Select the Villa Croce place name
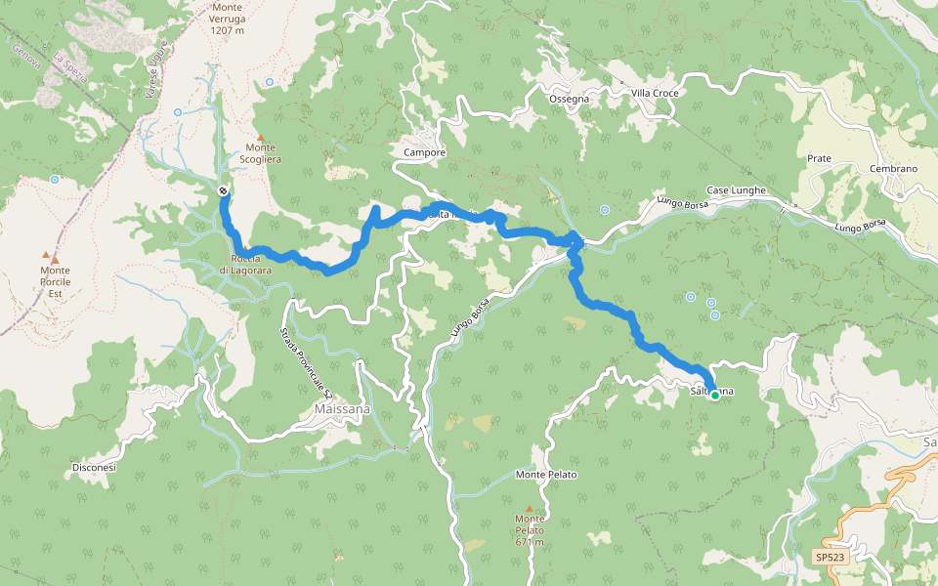[654, 93]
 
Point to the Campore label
[424, 153]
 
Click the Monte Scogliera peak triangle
[261, 137]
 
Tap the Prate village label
[819, 158]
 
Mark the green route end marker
[714, 395]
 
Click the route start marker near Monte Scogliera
[224, 191]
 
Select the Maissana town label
[343, 409]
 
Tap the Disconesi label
[94, 468]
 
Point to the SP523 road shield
[829, 558]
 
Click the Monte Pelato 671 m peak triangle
[529, 509]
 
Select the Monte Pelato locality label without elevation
[546, 475]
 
